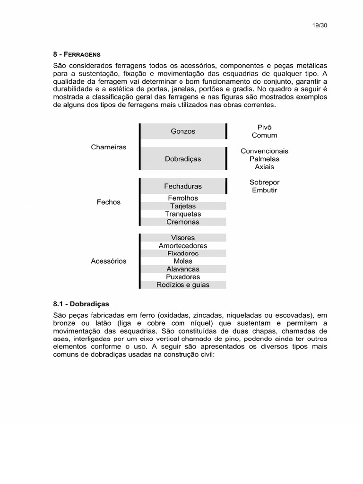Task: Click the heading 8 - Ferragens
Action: (77, 55)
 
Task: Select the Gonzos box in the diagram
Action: (183, 131)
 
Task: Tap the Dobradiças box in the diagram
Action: (183, 159)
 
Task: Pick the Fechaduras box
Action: (183, 186)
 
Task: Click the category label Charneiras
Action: (109, 147)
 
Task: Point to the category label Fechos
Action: (109, 202)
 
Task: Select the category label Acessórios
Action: (109, 261)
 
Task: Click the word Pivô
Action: (264, 127)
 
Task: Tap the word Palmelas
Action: (264, 159)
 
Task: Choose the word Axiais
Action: (264, 167)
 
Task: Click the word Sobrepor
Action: (264, 182)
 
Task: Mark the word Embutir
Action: (264, 190)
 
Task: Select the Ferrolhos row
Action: (183, 198)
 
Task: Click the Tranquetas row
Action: (183, 214)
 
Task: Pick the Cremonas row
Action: (183, 222)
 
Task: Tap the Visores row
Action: (183, 238)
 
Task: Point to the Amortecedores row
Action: (183, 246)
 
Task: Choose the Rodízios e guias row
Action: (183, 285)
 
